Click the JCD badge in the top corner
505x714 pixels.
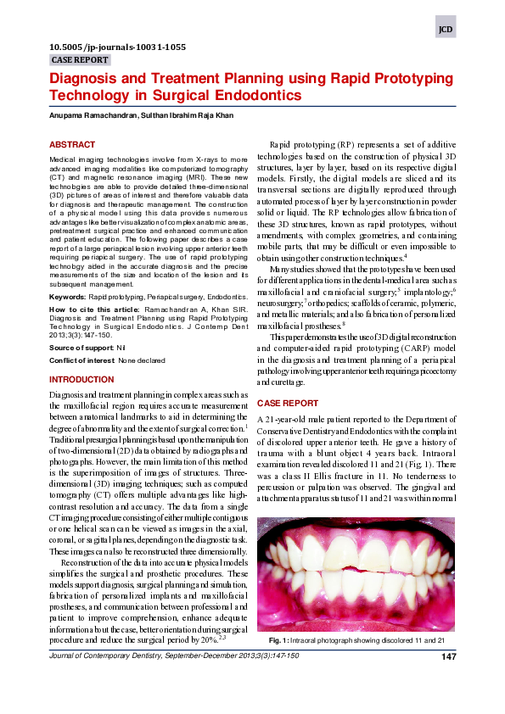[446, 29]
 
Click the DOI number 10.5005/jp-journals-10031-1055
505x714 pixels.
[118, 47]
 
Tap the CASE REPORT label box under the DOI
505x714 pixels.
[80, 60]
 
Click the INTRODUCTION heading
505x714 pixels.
[81, 380]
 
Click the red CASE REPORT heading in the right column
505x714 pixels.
[288, 403]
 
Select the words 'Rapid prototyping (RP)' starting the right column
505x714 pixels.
[311, 145]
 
